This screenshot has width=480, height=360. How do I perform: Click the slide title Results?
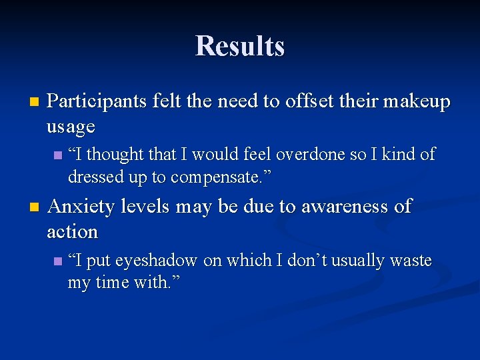tap(240, 46)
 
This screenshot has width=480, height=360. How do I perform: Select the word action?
tap(72, 231)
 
